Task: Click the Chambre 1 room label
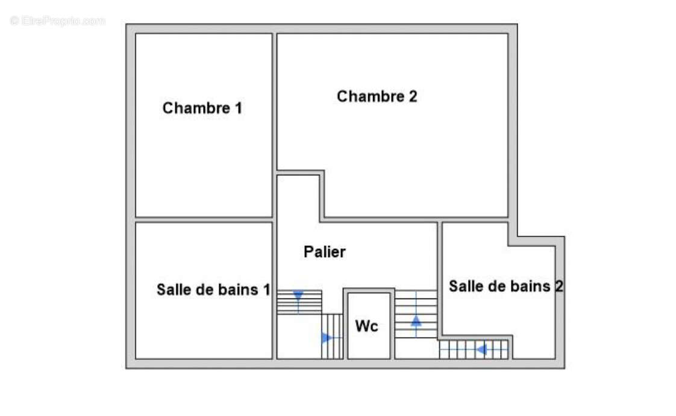(202, 109)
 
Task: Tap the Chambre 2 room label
(377, 96)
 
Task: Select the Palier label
(325, 252)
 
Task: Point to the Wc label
(366, 326)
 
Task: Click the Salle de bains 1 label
(213, 289)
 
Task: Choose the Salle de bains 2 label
(505, 286)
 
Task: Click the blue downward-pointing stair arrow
(298, 295)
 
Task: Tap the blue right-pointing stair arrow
(327, 338)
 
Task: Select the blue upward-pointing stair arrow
(416, 321)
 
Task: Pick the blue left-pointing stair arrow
(481, 349)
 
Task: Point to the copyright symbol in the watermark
(15, 21)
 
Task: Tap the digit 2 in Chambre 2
(412, 96)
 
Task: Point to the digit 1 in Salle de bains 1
(266, 289)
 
